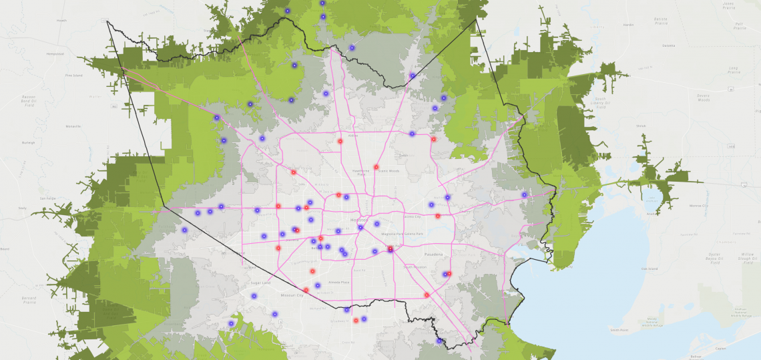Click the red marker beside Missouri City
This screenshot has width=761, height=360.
[x=306, y=290]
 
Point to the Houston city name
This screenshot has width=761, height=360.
[x=358, y=219]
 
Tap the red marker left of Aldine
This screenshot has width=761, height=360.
[x=340, y=141]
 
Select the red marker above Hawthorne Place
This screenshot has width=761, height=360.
[x=376, y=167]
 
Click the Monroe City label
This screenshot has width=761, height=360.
[x=698, y=206]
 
